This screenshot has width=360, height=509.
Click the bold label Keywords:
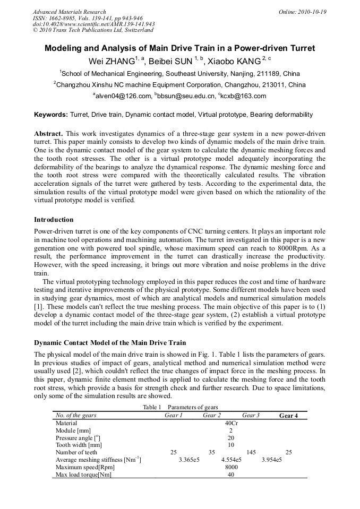click(x=51, y=115)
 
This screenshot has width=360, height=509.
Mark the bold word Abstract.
click(x=48, y=133)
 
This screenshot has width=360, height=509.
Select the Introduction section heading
click(x=54, y=219)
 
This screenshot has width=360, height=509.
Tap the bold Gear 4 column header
click(x=288, y=416)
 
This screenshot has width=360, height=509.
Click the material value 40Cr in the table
click(x=231, y=423)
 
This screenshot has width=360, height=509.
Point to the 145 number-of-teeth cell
click(x=251, y=452)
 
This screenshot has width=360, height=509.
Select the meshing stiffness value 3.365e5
click(x=189, y=460)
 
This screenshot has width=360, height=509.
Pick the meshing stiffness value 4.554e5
click(x=231, y=460)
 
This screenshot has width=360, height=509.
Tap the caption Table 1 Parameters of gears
click(x=181, y=407)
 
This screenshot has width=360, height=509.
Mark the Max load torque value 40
click(x=231, y=475)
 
